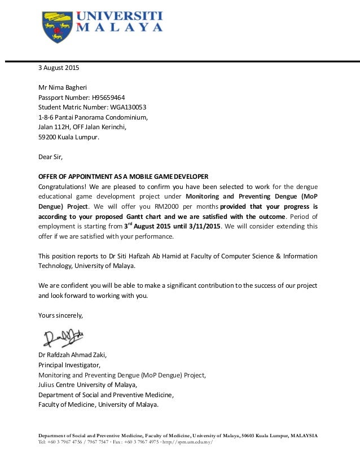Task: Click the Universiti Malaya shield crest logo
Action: pyautogui.click(x=56, y=27)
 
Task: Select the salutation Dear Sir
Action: pyautogui.click(x=50, y=157)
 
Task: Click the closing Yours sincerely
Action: pyautogui.click(x=60, y=314)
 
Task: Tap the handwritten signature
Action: pyautogui.click(x=62, y=337)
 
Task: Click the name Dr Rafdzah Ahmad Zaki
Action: pyautogui.click(x=72, y=355)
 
